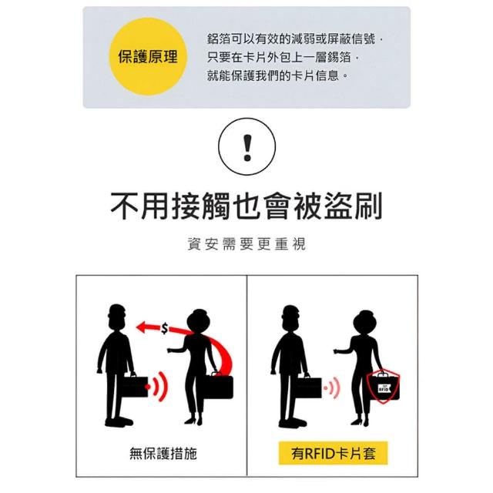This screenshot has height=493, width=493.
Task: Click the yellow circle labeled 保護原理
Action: tap(148, 56)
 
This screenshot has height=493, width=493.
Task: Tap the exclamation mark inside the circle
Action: tap(247, 147)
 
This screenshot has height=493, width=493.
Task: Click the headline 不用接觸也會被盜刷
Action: tap(246, 206)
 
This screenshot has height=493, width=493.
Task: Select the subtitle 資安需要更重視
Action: tap(246, 243)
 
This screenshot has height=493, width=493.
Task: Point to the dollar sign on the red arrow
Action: tap(164, 329)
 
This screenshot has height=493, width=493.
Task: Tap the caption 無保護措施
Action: tap(163, 454)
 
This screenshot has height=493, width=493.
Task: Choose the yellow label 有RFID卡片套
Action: tap(334, 453)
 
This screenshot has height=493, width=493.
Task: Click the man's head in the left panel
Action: tap(116, 316)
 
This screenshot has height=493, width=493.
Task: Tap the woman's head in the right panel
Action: tap(365, 322)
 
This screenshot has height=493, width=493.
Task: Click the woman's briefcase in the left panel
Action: tap(219, 386)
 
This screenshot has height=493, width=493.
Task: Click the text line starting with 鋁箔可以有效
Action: tap(295, 39)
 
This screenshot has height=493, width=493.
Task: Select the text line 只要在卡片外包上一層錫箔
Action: tap(283, 57)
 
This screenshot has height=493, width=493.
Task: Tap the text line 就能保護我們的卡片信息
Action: tap(277, 75)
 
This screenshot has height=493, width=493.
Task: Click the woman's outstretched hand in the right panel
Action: tap(337, 351)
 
